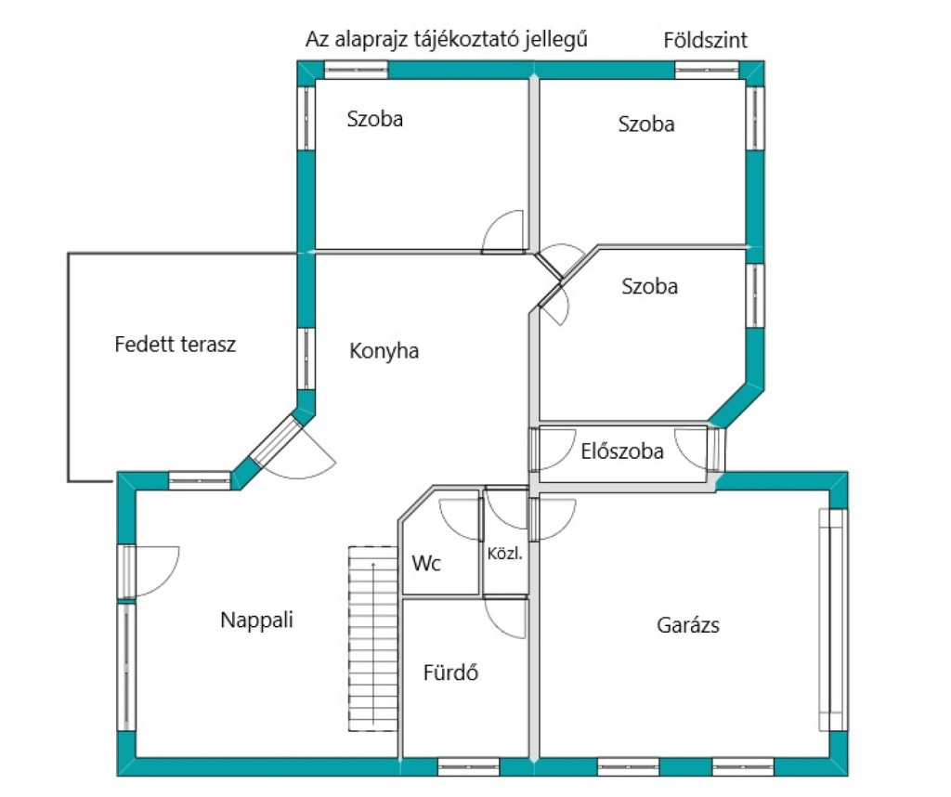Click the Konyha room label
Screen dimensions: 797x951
384,351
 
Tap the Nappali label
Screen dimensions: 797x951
256,620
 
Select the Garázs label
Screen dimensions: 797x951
688,625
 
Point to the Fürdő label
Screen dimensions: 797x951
450,673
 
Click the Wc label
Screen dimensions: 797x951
426,563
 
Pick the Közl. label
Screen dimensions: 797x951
505,554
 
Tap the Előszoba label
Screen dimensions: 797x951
622,452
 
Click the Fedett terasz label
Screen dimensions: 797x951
176,345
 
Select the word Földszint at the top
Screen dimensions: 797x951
706,40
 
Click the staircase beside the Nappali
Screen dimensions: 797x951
373,638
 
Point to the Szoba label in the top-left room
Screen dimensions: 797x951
375,119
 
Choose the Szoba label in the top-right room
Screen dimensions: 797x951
646,124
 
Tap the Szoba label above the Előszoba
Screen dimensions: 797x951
649,286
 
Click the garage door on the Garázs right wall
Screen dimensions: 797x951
831,620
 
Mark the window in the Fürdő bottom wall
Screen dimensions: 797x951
468,767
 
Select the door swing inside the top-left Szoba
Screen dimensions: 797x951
504,231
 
